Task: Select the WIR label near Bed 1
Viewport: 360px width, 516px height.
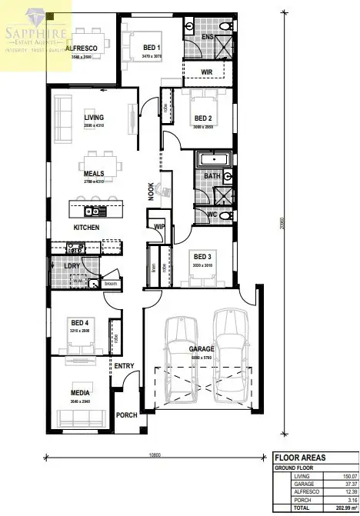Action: click(x=206, y=72)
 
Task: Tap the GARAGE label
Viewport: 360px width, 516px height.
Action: click(x=202, y=349)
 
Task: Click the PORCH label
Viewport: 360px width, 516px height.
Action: click(x=126, y=415)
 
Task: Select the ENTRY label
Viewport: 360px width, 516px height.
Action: click(x=124, y=366)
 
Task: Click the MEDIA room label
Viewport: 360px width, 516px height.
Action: click(x=81, y=391)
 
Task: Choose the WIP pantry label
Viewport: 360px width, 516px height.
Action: click(x=159, y=227)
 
